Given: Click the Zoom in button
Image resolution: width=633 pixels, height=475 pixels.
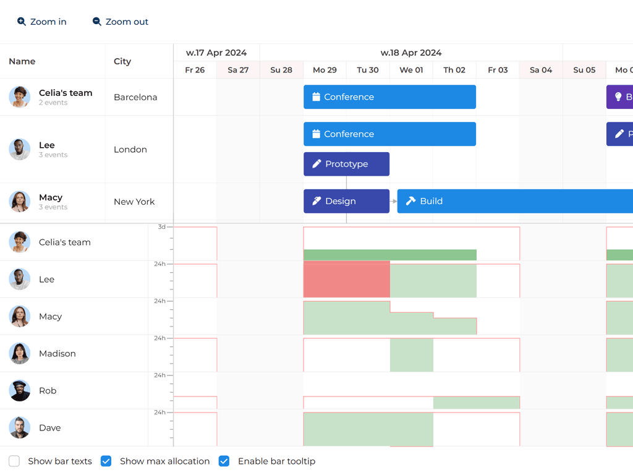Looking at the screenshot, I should (x=42, y=22).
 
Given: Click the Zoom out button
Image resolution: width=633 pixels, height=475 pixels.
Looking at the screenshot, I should (x=121, y=22).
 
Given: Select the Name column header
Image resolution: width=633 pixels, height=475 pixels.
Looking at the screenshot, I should (x=22, y=61).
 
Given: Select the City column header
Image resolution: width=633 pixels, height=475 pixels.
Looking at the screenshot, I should (x=122, y=61).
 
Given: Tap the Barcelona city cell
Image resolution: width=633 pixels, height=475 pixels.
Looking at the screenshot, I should (x=135, y=97).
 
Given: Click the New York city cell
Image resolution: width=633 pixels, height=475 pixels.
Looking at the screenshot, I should (x=134, y=202).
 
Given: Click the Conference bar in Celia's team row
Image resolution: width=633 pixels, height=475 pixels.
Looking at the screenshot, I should (x=389, y=97).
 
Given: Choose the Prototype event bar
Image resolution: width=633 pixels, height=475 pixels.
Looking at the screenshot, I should (x=346, y=164).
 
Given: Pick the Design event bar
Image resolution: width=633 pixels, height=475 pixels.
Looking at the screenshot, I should (x=346, y=201).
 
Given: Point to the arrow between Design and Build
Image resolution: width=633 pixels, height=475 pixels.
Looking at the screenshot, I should (x=393, y=201).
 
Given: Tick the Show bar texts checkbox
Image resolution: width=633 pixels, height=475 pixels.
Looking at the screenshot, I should (x=14, y=461).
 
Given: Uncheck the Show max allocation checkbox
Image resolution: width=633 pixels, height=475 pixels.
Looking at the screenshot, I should (x=106, y=461).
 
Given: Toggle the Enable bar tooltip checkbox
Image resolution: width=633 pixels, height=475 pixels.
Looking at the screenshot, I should (x=224, y=461).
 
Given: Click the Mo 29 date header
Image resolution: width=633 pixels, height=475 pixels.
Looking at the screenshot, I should (x=325, y=70).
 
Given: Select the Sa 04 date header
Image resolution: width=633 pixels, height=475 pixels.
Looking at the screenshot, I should (x=541, y=70).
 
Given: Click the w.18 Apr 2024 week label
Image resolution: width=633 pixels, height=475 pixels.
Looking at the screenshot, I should (x=411, y=53).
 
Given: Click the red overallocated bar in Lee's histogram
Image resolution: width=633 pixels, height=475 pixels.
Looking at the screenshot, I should (x=346, y=279).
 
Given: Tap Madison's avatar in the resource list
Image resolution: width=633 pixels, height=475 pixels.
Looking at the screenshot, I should (x=20, y=353).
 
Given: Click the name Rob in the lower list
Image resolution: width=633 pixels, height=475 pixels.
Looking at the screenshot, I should (x=48, y=391).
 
